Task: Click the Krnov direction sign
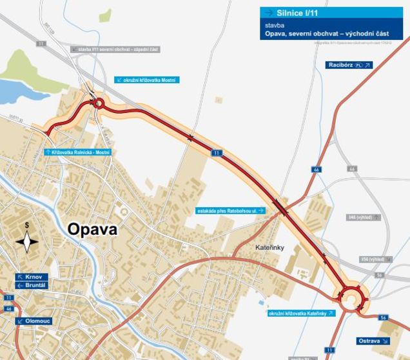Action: click(x=32, y=277)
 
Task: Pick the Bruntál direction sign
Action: click(x=32, y=285)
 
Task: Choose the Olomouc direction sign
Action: click(x=34, y=321)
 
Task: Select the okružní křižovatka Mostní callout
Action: click(x=146, y=80)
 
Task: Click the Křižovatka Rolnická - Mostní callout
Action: click(x=78, y=152)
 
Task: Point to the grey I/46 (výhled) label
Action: click(x=364, y=217)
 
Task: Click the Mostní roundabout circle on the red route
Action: click(x=99, y=103)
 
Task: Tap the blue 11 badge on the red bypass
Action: click(x=217, y=153)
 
